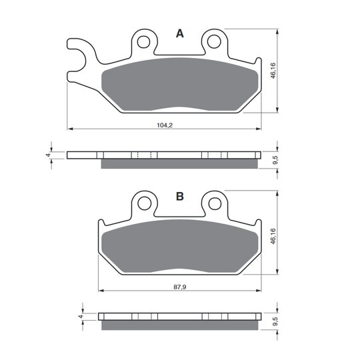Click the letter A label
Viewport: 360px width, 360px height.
180,34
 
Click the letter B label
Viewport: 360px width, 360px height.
180,197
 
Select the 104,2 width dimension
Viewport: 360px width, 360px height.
165,125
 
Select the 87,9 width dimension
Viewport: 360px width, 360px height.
180,287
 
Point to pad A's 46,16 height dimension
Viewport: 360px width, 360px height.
273,71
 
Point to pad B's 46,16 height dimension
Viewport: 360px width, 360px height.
273,236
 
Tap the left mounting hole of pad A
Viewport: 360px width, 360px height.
143,42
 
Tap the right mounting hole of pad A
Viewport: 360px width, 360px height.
214,41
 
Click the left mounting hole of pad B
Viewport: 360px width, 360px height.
144,203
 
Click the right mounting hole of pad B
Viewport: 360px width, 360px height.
215,203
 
